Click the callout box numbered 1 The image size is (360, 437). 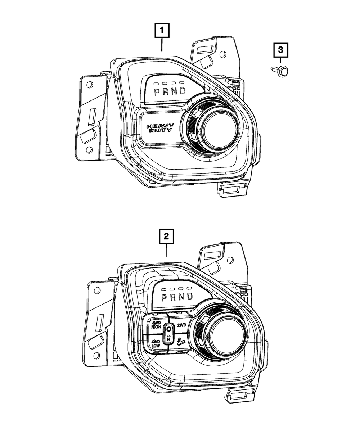tap(162, 30)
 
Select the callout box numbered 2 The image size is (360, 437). tap(166, 236)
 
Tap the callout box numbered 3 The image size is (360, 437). tap(280, 50)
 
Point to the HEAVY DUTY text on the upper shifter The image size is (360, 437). tap(160, 128)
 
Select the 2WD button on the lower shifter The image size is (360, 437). tap(182, 325)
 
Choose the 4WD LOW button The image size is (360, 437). tap(156, 344)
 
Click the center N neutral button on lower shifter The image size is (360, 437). tap(169, 335)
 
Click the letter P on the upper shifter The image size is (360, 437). tap(157, 92)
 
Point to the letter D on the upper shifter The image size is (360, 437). tap(183, 91)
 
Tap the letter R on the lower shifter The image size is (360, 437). tap(173, 297)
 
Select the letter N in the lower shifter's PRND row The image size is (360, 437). tap(181, 297)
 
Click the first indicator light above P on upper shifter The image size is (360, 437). tap(156, 84)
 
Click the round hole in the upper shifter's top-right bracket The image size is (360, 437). tap(223, 55)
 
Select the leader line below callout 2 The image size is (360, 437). tap(166, 250)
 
